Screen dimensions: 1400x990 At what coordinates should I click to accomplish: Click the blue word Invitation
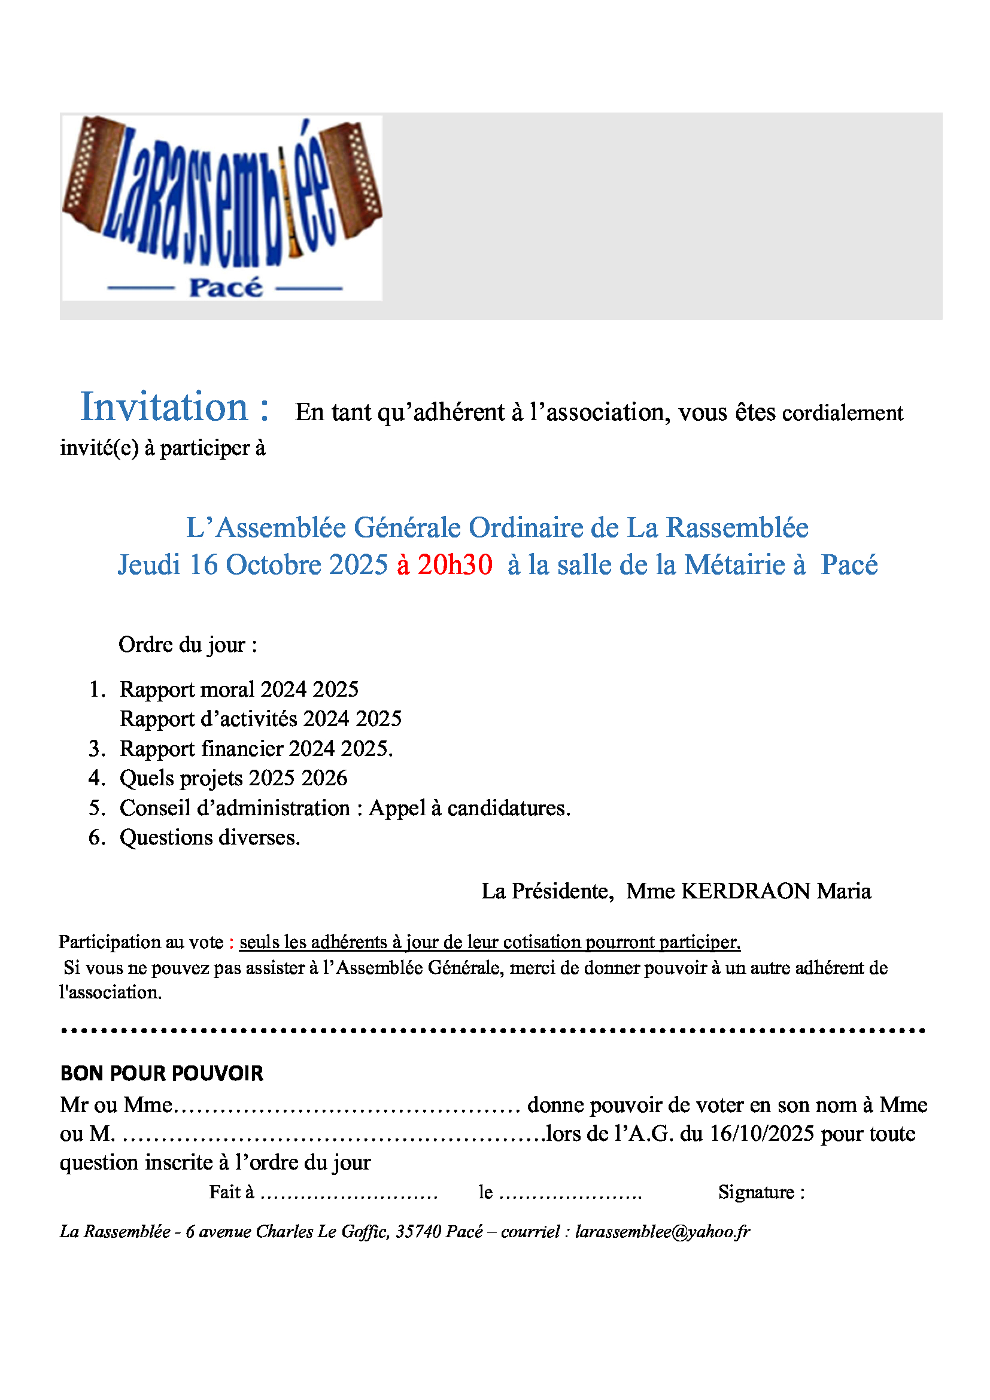coord(164,408)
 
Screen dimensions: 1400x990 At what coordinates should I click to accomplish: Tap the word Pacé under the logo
coord(226,288)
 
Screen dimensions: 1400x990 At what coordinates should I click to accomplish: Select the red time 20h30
coord(455,564)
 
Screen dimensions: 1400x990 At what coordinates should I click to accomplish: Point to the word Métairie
coord(734,564)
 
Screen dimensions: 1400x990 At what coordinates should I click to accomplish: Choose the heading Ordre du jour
coord(188,645)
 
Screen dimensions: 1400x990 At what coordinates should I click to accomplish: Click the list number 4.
coord(96,778)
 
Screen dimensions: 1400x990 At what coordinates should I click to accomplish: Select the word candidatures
coord(508,808)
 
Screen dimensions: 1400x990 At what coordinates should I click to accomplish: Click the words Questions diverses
coord(209,838)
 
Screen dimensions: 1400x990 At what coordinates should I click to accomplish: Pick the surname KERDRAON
coord(745,891)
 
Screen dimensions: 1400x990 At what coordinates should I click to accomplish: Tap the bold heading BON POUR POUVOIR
coord(162,1073)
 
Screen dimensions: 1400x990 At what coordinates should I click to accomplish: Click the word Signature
coord(756,1192)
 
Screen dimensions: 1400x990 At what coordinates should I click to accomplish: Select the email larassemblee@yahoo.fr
coord(663,1232)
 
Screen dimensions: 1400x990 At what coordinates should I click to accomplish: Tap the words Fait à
coord(231,1192)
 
